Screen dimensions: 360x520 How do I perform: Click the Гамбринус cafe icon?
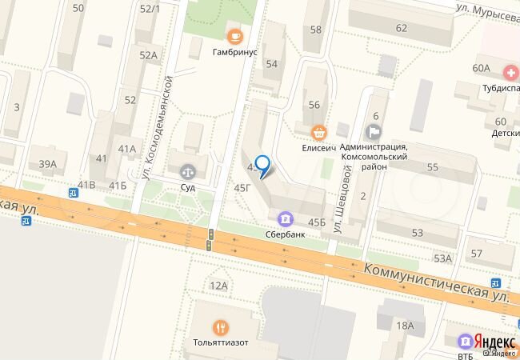pos(234,34)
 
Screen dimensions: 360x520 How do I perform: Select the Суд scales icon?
pos(188,170)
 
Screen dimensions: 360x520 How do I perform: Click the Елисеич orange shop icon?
pos(319,131)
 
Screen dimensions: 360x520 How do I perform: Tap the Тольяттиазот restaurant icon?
pos(219,326)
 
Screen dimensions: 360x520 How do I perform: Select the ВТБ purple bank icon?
pos(463,338)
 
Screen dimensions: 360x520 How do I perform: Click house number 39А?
pos(48,166)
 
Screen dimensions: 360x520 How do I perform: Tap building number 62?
pos(401,28)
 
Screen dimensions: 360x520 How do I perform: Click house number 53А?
pos(442,258)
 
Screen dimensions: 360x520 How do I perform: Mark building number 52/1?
pos(150,9)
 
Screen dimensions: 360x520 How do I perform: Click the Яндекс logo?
pos(495,338)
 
